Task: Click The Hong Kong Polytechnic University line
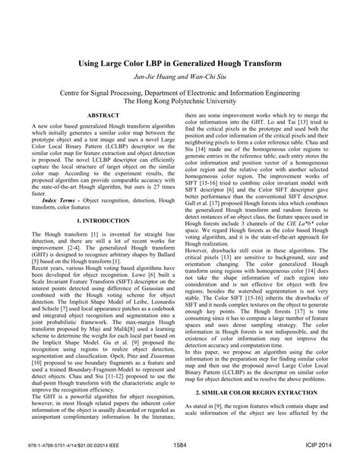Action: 179,99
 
